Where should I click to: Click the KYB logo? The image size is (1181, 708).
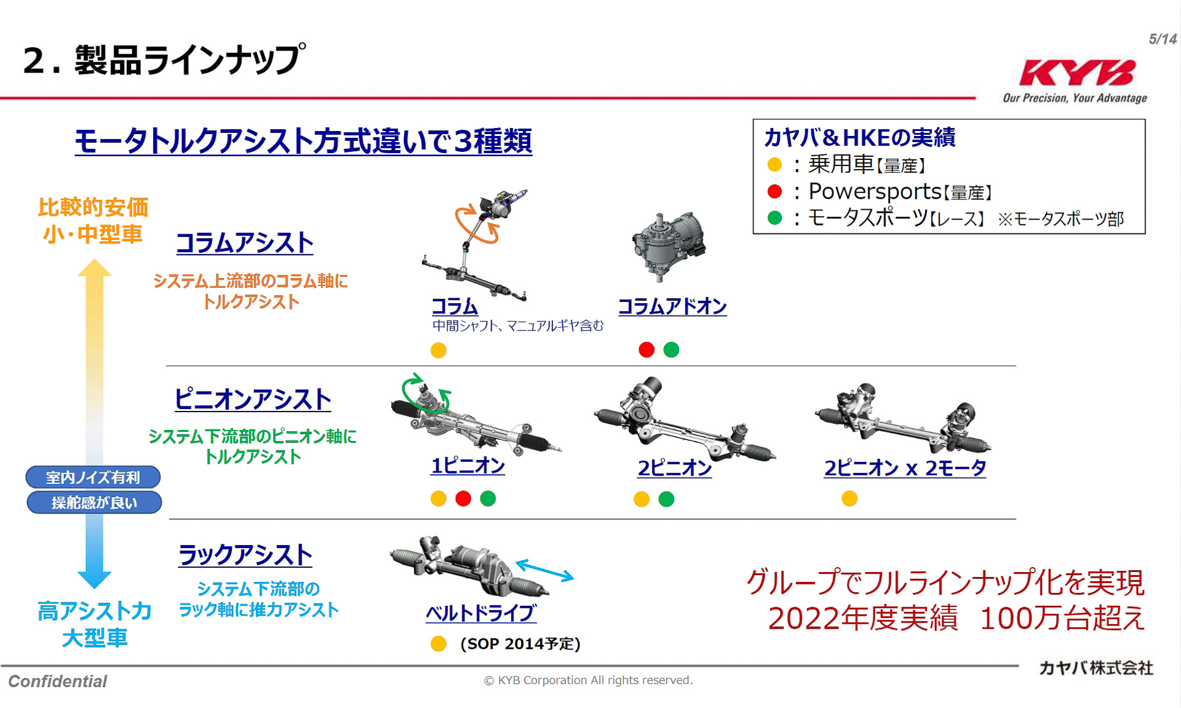click(x=1077, y=73)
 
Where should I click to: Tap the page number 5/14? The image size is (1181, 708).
click(x=1162, y=39)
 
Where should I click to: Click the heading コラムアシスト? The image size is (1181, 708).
click(x=245, y=243)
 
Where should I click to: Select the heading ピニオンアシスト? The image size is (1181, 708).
click(x=253, y=399)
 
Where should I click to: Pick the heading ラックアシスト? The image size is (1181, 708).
click(x=245, y=555)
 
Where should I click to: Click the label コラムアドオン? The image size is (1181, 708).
click(x=672, y=306)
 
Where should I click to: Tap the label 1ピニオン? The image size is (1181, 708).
click(x=468, y=466)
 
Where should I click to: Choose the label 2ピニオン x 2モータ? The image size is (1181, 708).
click(x=905, y=468)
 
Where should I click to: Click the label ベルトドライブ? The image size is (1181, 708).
click(x=481, y=613)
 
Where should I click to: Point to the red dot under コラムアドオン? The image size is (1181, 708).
click(x=646, y=350)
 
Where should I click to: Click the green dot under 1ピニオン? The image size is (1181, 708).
click(x=488, y=498)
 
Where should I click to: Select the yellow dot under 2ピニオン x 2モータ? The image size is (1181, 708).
click(x=849, y=498)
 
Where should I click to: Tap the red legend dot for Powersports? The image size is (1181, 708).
click(x=775, y=192)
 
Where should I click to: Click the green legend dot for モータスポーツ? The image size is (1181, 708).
click(x=775, y=218)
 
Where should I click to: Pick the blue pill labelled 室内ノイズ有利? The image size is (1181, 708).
click(x=93, y=477)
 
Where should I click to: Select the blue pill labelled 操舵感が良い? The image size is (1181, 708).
click(x=94, y=503)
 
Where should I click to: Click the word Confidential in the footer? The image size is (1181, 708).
click(x=58, y=682)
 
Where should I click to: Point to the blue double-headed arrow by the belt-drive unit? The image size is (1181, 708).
click(x=544, y=570)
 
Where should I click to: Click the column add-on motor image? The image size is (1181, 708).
click(x=669, y=245)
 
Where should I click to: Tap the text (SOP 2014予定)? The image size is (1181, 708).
click(x=520, y=644)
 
